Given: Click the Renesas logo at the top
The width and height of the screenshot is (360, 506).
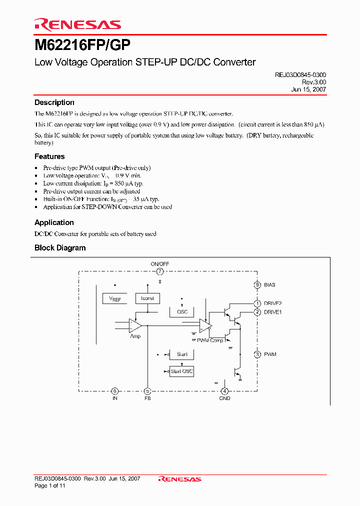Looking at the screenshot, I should tap(77, 24).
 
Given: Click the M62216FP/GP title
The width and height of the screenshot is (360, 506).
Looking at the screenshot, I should tap(82, 45).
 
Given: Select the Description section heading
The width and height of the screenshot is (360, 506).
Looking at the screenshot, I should tap(54, 102).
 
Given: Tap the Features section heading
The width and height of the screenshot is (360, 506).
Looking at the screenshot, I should tap(49, 156).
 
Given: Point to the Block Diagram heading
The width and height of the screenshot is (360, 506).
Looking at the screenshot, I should tap(60, 248).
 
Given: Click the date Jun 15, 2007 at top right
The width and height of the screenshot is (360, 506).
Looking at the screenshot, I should tap(308, 89).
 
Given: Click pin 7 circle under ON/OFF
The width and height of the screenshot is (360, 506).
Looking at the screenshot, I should tap(160, 271).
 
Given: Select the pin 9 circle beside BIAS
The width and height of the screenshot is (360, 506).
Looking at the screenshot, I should tap(257, 285).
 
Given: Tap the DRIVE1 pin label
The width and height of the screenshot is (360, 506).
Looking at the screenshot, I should tap(273, 312).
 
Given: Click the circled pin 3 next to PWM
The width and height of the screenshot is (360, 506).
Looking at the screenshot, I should tap(257, 354).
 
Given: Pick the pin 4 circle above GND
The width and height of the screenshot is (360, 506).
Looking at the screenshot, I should tap(225, 391).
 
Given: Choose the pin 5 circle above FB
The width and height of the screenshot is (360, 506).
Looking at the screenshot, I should tap(147, 391).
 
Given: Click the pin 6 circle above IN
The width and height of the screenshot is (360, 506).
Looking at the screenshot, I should tap(115, 391).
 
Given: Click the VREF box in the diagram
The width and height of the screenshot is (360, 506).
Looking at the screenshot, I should tap(114, 298).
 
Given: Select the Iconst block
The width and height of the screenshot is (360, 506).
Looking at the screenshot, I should tap(147, 298).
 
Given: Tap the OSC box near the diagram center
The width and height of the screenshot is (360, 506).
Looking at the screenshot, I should tap(182, 311).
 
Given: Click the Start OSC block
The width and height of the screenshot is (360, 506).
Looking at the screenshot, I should tap(181, 371).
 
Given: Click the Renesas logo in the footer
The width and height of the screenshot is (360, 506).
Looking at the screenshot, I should tap(179, 479).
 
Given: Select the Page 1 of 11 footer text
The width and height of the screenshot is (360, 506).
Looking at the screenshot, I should tap(50, 485).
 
